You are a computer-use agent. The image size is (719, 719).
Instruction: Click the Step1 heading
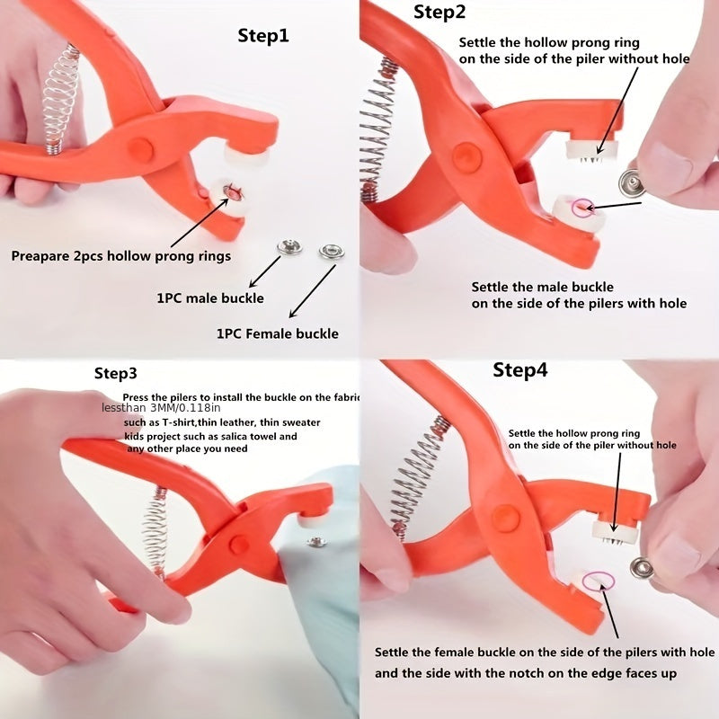pyautogui.click(x=263, y=36)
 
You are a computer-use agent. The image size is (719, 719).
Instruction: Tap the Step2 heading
pyautogui.click(x=439, y=13)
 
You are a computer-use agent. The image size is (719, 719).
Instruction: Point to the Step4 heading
pyautogui.click(x=519, y=370)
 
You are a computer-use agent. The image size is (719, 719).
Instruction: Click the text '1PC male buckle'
pyautogui.click(x=210, y=297)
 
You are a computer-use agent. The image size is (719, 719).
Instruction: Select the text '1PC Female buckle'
pyautogui.click(x=278, y=333)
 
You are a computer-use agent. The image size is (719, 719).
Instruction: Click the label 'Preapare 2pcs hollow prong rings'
pyautogui.click(x=121, y=256)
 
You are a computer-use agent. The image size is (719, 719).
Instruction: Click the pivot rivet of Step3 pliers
pyautogui.click(x=239, y=544)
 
